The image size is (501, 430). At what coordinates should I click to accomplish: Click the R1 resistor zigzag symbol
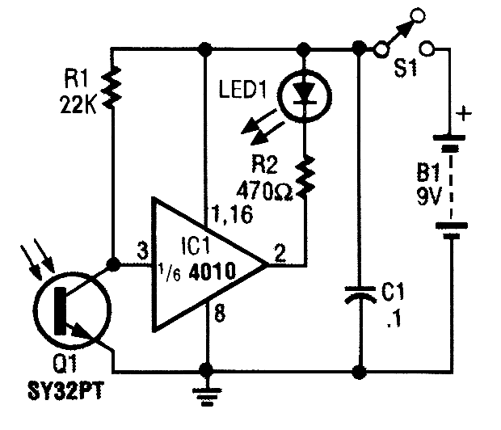click(x=112, y=87)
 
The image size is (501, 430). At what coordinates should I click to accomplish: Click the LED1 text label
click(x=243, y=89)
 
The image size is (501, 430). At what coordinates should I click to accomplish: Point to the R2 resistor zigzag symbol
click(x=305, y=176)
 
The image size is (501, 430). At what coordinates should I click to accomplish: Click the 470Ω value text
click(x=264, y=191)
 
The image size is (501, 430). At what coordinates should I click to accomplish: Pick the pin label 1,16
click(x=232, y=214)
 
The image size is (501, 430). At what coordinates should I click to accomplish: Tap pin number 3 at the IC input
click(x=142, y=251)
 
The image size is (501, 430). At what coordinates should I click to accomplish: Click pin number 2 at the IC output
click(x=280, y=254)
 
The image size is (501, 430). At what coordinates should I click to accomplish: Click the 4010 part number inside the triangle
click(x=213, y=272)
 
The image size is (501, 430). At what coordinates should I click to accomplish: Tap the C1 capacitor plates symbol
click(x=360, y=294)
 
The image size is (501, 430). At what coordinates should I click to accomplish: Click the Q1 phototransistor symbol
click(x=72, y=310)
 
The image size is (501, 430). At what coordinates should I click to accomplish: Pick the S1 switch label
click(x=406, y=69)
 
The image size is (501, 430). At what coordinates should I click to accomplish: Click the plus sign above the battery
click(x=464, y=113)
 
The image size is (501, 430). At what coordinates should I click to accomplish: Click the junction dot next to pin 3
click(x=113, y=264)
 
